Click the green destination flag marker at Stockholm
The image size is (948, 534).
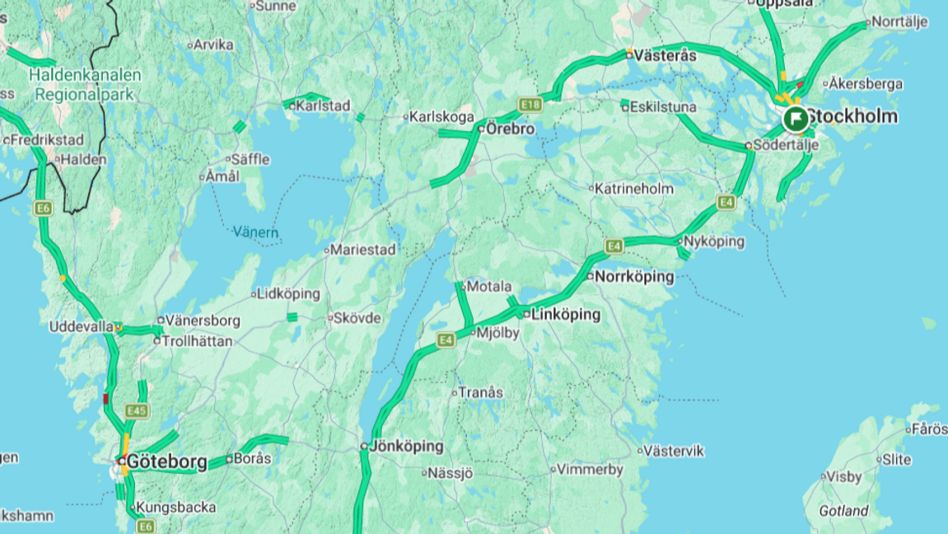click(x=795, y=119)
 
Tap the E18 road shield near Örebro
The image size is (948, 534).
click(x=530, y=105)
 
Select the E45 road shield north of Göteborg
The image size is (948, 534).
click(x=138, y=410)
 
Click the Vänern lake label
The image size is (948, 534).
click(x=255, y=232)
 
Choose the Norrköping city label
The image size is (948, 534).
click(x=633, y=277)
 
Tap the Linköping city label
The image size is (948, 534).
click(x=567, y=315)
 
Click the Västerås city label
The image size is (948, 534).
click(x=665, y=56)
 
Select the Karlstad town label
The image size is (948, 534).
click(x=323, y=105)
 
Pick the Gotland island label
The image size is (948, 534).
click(x=844, y=511)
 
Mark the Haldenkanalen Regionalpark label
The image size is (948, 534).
click(x=84, y=84)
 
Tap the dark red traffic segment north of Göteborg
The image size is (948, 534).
click(x=105, y=399)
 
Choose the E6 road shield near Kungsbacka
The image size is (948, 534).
click(x=146, y=526)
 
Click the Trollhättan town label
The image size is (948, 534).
click(x=197, y=340)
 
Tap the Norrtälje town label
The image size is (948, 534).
click(x=899, y=22)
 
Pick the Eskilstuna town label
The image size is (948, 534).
click(x=663, y=107)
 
